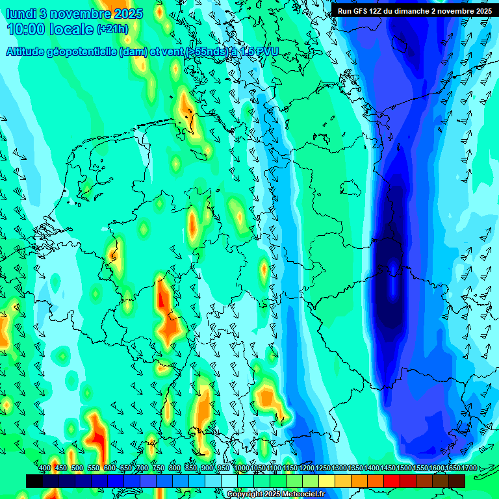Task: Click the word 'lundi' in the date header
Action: pyautogui.click(x=21, y=14)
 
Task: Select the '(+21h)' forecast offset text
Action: pyautogui.click(x=112, y=29)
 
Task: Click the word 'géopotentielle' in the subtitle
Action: pyautogui.click(x=84, y=51)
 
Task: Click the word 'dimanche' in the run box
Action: pyautogui.click(x=413, y=11)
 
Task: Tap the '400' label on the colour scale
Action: pyautogui.click(x=45, y=468)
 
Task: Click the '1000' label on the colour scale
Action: pyautogui.click(x=242, y=468)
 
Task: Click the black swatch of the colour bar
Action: pyautogui.click(x=34, y=481)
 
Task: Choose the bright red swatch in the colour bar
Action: pyautogui.click(x=392, y=481)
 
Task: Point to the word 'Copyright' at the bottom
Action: pyautogui.click(x=244, y=494)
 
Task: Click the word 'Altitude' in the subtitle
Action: pyautogui.click(x=29, y=51)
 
